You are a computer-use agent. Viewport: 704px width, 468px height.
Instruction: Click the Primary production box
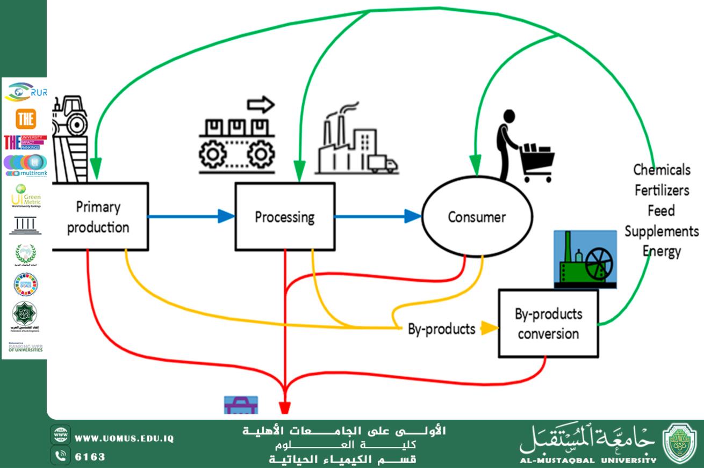99,217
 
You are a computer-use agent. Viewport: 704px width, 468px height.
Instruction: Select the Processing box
285,217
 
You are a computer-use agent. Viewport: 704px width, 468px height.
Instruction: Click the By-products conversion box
548,324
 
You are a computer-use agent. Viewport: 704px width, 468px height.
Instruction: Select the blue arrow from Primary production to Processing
191,217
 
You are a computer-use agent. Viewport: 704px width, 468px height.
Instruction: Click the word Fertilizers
662,190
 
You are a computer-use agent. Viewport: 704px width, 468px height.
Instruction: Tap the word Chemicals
662,170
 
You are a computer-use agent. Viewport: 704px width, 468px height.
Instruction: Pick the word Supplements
662,231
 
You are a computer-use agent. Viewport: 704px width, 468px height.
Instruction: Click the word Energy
662,251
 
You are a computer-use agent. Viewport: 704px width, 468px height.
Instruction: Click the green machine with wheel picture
585,259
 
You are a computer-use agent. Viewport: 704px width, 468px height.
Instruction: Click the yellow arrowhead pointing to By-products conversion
489,328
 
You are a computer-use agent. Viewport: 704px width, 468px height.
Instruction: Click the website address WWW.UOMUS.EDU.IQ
124,438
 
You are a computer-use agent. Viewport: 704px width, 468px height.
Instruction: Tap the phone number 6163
90,457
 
